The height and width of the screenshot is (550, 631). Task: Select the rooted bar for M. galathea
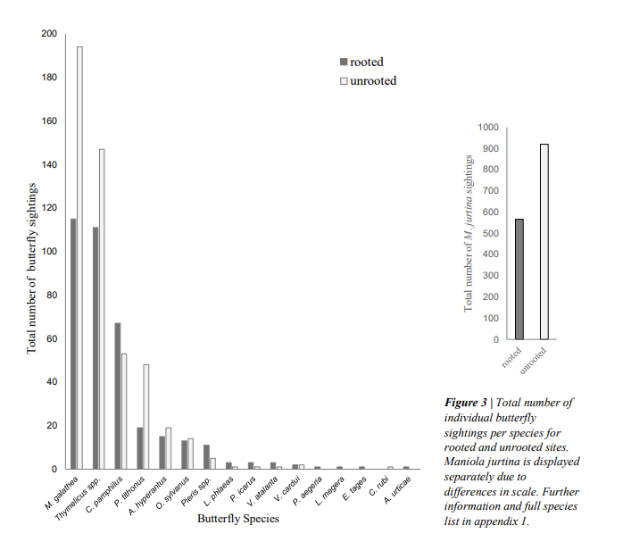point(73,344)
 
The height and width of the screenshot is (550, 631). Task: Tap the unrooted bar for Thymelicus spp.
point(102,308)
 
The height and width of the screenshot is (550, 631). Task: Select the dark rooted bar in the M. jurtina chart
point(519,279)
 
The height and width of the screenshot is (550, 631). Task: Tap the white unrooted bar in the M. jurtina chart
point(544,242)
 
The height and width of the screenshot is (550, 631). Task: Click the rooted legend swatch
point(343,62)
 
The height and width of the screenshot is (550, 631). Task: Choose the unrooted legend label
point(374,81)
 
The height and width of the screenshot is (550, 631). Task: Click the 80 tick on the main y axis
point(51,296)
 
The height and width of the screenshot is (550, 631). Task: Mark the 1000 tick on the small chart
point(487,128)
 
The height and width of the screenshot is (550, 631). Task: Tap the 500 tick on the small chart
point(490,234)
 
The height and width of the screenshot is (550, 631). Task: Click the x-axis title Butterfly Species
point(238,518)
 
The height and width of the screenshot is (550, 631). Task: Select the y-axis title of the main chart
point(32,268)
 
